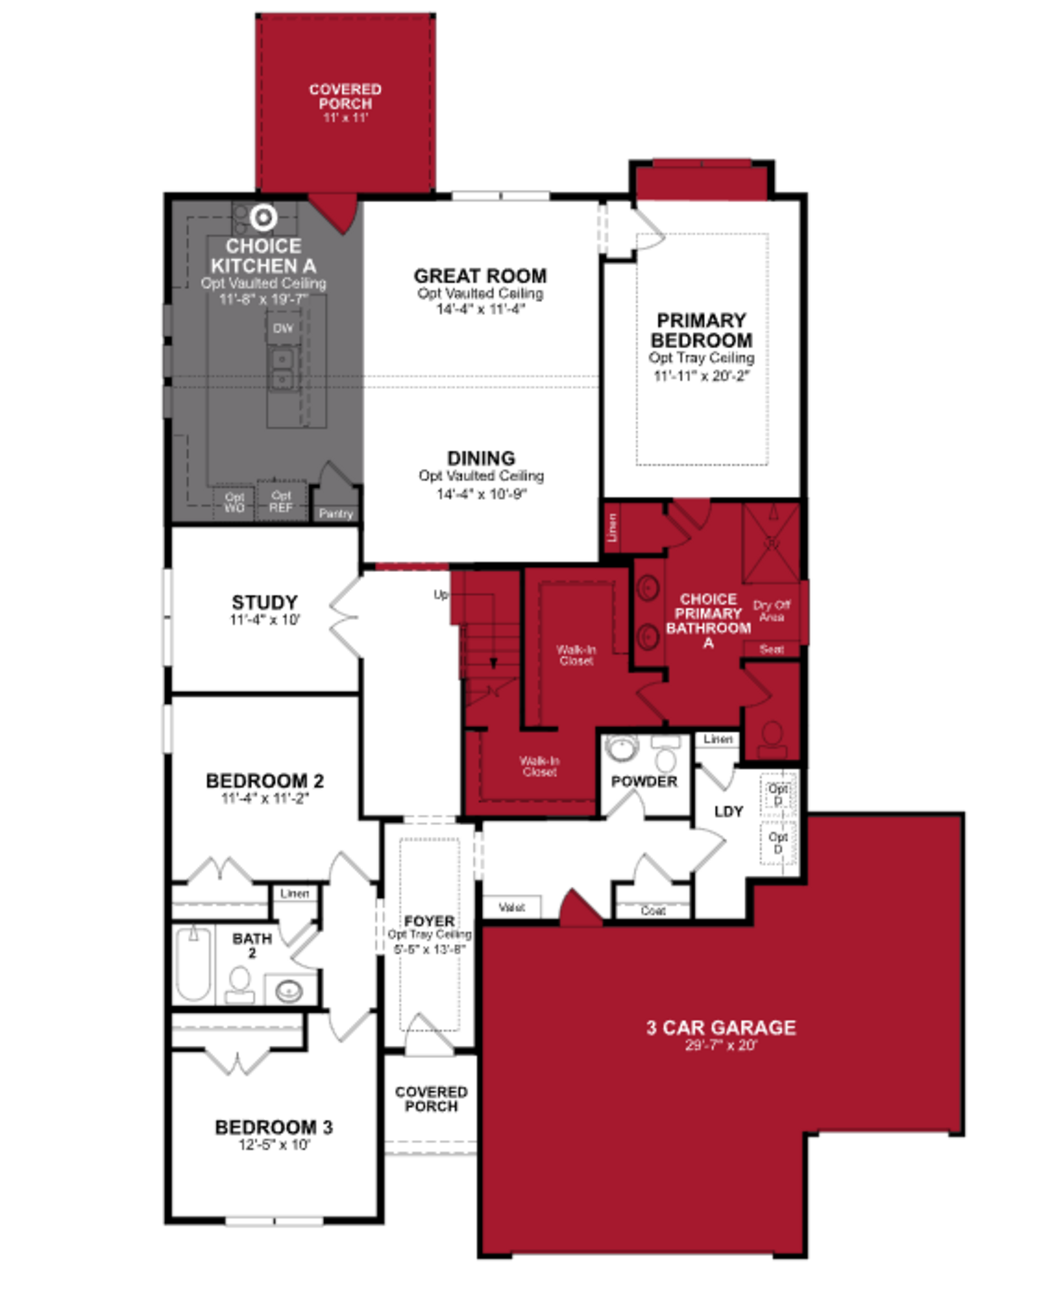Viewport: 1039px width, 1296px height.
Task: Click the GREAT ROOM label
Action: (480, 276)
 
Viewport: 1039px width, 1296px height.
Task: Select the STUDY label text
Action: (264, 602)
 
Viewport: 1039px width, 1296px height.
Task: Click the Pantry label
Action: (335, 513)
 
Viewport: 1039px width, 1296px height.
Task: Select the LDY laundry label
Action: (728, 812)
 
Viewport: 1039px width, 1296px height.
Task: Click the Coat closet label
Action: (653, 911)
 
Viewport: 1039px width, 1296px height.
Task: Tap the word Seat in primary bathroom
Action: (772, 649)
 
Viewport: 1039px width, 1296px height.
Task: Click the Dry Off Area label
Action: (772, 611)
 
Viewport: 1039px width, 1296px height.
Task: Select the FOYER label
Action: (429, 921)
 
